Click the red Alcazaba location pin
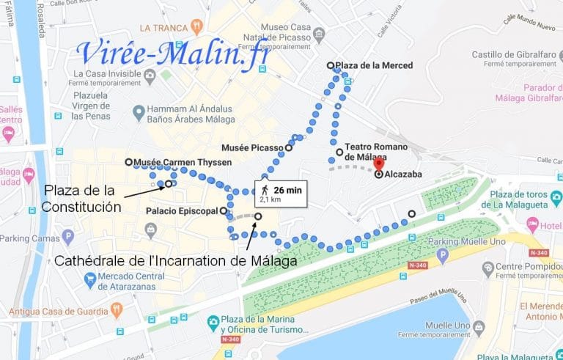(378, 164)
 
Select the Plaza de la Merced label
(374, 65)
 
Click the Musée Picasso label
(257, 147)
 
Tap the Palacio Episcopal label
(182, 211)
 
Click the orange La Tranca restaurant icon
(196, 27)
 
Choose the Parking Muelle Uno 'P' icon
(441, 255)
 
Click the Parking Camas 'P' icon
(68, 237)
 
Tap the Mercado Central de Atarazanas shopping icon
(90, 279)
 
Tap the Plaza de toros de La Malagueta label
(526, 199)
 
